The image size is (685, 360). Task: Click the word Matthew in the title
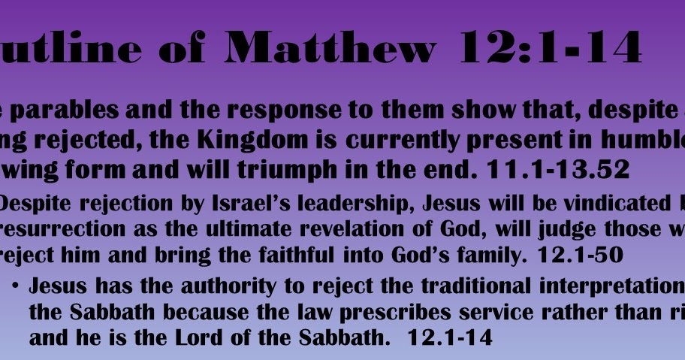tap(330, 49)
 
